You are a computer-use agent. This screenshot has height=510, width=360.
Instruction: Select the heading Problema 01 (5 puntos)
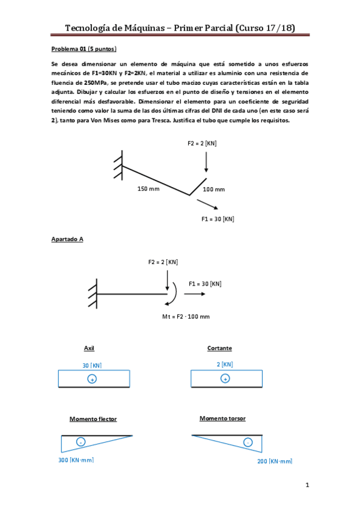click(84, 49)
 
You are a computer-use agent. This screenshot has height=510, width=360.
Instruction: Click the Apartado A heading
click(67, 239)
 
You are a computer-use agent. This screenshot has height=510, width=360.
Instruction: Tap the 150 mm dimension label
click(149, 188)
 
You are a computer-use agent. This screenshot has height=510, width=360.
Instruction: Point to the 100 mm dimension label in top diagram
click(213, 189)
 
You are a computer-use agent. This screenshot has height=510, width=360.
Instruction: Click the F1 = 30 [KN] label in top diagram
click(218, 219)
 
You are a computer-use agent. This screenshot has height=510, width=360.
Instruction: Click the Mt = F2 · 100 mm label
click(186, 316)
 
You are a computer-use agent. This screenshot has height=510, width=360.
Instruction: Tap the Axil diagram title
click(89, 348)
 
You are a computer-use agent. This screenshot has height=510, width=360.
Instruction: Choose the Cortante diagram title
click(219, 348)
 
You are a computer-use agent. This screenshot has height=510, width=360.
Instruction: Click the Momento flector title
click(93, 419)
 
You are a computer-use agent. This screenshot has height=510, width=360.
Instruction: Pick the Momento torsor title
click(222, 418)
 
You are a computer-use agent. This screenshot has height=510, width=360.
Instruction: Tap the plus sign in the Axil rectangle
click(91, 379)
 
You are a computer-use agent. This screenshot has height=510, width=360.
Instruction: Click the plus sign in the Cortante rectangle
click(224, 379)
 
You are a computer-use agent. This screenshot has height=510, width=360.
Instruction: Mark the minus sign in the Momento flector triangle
click(81, 442)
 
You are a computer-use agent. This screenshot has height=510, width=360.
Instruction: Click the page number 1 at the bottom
click(307, 485)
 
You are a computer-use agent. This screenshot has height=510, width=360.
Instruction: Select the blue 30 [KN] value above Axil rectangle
click(92, 365)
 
